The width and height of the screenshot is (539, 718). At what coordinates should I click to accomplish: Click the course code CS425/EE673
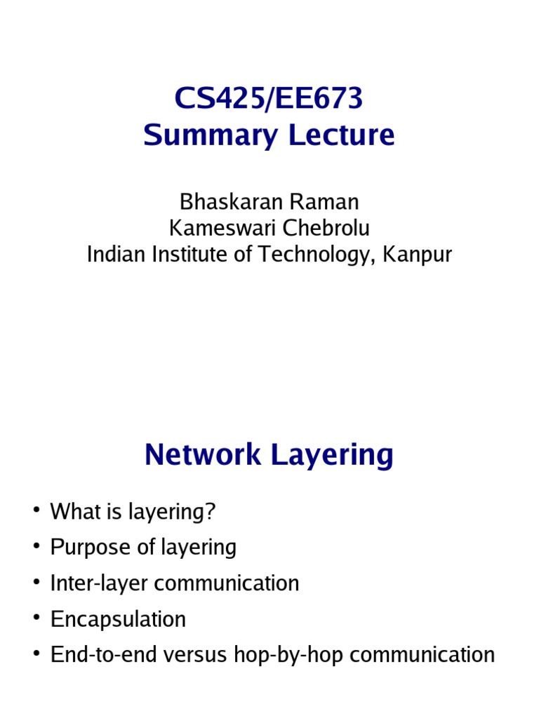tap(269, 100)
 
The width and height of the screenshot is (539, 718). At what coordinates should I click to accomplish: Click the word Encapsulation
tap(118, 620)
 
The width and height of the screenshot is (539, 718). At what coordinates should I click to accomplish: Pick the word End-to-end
tap(101, 655)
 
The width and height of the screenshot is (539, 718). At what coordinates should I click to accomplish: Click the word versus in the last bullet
tap(187, 655)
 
